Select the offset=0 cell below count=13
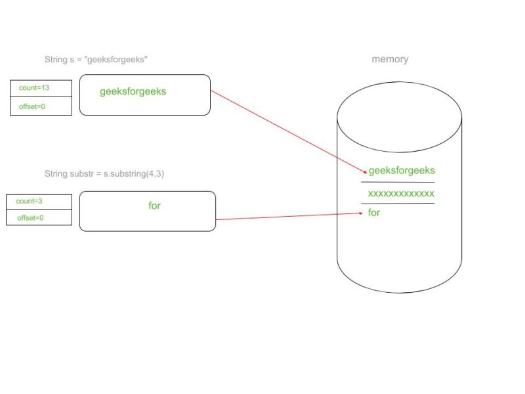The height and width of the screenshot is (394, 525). coord(41,106)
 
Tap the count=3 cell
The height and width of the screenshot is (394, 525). coord(39,202)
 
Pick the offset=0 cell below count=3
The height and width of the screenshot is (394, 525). coord(39,217)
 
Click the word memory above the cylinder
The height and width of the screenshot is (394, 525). coord(390,59)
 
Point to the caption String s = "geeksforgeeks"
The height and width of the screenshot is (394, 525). coord(96,59)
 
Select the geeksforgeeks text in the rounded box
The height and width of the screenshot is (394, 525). coord(133,92)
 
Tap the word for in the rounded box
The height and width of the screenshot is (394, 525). coord(154,206)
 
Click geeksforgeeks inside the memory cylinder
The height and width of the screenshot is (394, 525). coord(402,171)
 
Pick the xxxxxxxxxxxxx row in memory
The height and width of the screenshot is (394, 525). coord(400,194)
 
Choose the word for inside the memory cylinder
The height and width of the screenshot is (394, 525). coord(374,213)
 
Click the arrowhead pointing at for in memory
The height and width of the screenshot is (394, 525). coord(360,213)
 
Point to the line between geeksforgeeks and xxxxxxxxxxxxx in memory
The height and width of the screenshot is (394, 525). coord(398,182)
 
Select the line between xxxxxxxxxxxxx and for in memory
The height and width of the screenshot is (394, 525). coord(398,204)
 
